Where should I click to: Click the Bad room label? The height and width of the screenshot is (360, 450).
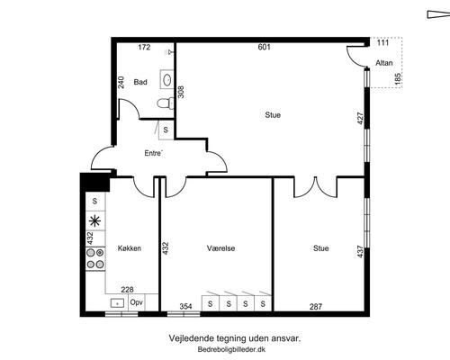140,82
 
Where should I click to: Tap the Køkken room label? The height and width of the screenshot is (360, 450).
130,248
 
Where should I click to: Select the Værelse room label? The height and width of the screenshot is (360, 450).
220,248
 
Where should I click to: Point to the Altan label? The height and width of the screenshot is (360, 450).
384,63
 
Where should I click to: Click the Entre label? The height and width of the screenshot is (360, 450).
153,153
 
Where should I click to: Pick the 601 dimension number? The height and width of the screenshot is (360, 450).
265,47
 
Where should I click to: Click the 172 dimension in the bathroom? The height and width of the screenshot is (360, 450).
144,48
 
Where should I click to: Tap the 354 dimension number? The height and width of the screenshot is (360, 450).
185,307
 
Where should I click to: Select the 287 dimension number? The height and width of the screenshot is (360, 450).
316,307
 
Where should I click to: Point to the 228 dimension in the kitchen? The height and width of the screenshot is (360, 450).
127,290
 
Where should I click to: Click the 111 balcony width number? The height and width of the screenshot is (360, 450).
382,42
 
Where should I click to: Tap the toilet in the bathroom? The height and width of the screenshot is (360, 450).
166,103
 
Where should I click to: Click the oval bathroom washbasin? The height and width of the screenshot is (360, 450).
167,80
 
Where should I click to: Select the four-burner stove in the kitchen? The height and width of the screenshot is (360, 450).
95,259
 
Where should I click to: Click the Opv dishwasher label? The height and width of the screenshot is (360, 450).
137,302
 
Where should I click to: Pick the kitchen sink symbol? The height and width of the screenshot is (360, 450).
117,303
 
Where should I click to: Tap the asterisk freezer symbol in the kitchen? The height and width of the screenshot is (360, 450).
95,221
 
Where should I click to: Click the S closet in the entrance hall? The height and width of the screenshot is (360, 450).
166,130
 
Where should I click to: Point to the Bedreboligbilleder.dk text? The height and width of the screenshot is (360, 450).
231,349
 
